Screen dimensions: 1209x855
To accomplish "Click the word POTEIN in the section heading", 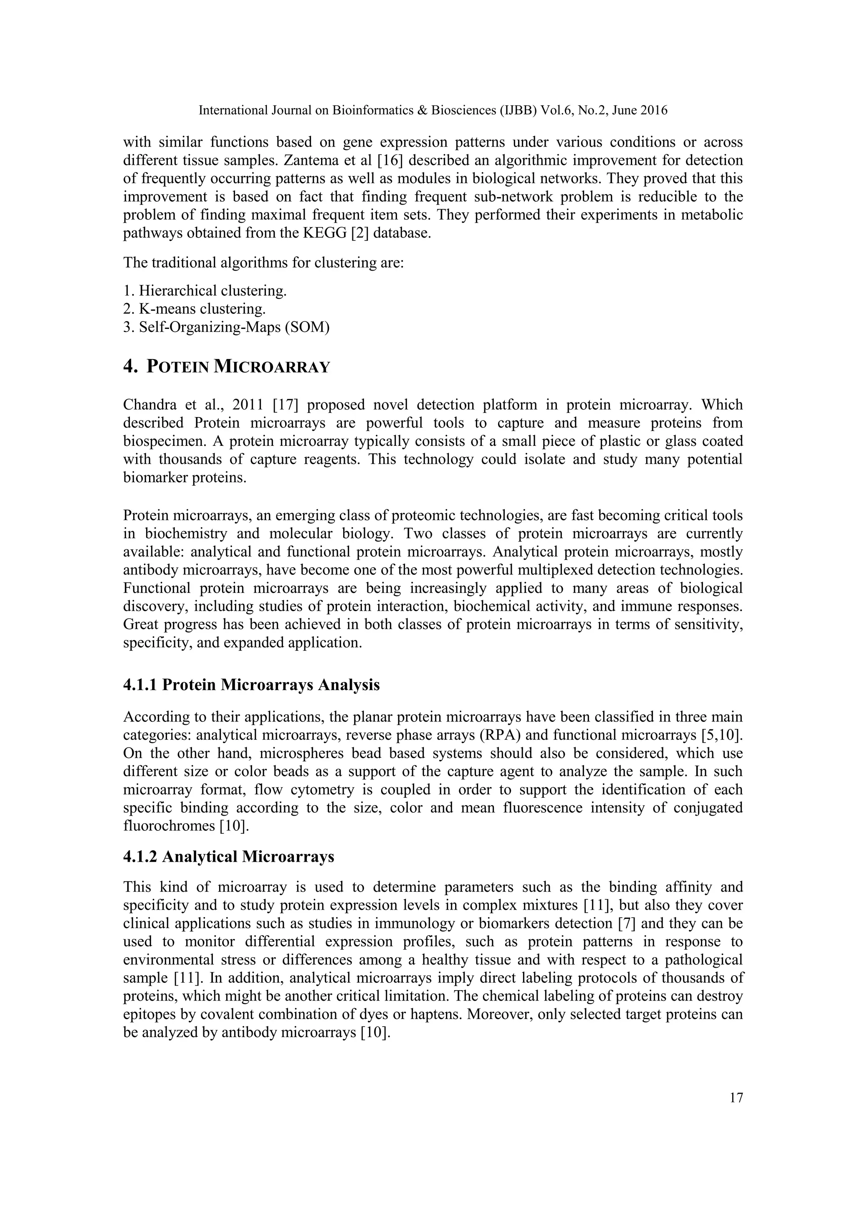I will pos(177,367).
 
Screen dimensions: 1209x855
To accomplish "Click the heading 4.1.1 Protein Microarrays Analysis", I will pos(251,685).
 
